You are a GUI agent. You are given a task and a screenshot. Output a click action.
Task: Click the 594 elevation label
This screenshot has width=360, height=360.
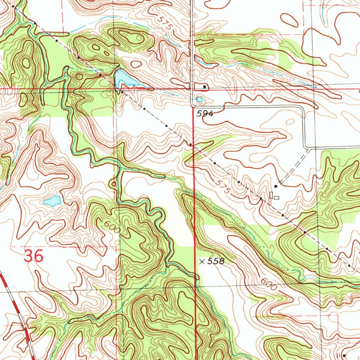click(205, 114)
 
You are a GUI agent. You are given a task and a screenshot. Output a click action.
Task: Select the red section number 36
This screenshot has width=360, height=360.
click(34, 256)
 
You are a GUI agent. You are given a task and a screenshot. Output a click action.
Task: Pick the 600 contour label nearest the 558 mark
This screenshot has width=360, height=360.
click(269, 284)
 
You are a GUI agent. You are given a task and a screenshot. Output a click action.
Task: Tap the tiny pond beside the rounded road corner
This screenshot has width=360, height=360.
click(200, 100)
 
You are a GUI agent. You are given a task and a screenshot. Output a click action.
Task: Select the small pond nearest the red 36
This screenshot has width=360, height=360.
click(52, 201)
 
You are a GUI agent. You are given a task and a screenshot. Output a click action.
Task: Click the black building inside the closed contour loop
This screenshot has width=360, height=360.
click(204, 86)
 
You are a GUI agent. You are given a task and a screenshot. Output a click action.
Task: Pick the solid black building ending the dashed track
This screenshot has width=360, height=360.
click(276, 186)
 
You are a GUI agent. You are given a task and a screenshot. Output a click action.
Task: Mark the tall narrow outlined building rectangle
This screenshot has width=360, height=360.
click(271, 195)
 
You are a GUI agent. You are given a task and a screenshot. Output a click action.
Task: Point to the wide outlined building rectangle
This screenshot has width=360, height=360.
click(277, 198)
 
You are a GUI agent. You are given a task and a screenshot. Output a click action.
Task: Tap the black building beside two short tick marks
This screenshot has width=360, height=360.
click(343, 356)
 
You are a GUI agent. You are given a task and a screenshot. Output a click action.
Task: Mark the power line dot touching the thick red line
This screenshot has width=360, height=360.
click(190, 144)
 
